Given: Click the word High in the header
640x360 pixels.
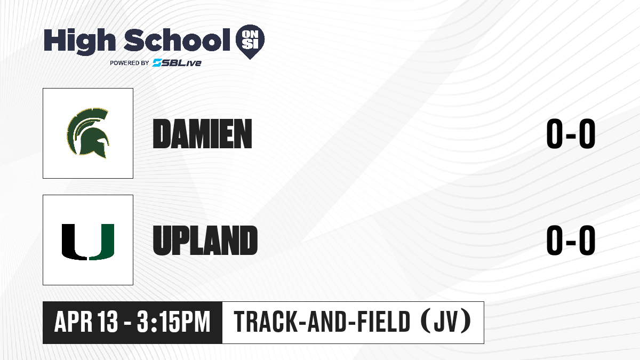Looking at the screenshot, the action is point(79,41).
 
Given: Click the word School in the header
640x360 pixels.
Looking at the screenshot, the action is point(177,40).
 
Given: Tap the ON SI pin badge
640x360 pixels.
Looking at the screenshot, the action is point(250,42).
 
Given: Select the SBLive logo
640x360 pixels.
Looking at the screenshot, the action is point(177,63).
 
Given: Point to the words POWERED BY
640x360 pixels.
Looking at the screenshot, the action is point(130,63).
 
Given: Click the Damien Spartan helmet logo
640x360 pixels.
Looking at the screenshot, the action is point(88,133).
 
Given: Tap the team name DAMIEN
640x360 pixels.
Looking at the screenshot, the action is point(202,134).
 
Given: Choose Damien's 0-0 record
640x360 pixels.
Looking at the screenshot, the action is point(571,134).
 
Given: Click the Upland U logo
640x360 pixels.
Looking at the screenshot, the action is point(88,242).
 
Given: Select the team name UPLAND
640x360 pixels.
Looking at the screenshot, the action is point(205,241).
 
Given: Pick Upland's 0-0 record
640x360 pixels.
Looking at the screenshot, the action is point(571,240).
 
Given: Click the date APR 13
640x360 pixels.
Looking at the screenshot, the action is point(86,322).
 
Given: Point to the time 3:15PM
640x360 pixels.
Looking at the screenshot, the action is point(174,322).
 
